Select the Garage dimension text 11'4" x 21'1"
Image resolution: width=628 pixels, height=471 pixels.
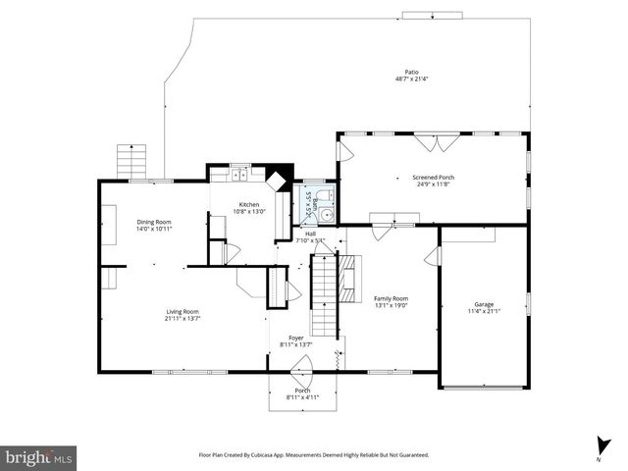pyautogui.click(x=484, y=311)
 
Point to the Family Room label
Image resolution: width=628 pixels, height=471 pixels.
pyautogui.click(x=391, y=298)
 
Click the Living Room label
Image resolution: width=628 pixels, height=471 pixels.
pyautogui.click(x=182, y=311)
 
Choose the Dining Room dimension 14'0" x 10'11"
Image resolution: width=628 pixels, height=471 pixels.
pyautogui.click(x=154, y=229)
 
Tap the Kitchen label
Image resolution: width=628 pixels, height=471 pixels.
pyautogui.click(x=248, y=204)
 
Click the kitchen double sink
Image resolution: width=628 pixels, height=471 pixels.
pyautogui.click(x=241, y=175)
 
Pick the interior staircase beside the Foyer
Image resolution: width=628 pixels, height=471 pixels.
pyautogui.click(x=324, y=294)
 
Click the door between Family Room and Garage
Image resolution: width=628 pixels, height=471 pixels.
pyautogui.click(x=434, y=256)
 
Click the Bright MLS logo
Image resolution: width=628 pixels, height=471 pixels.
pyautogui.click(x=39, y=456)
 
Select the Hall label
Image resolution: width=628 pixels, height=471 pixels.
pyautogui.click(x=310, y=234)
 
